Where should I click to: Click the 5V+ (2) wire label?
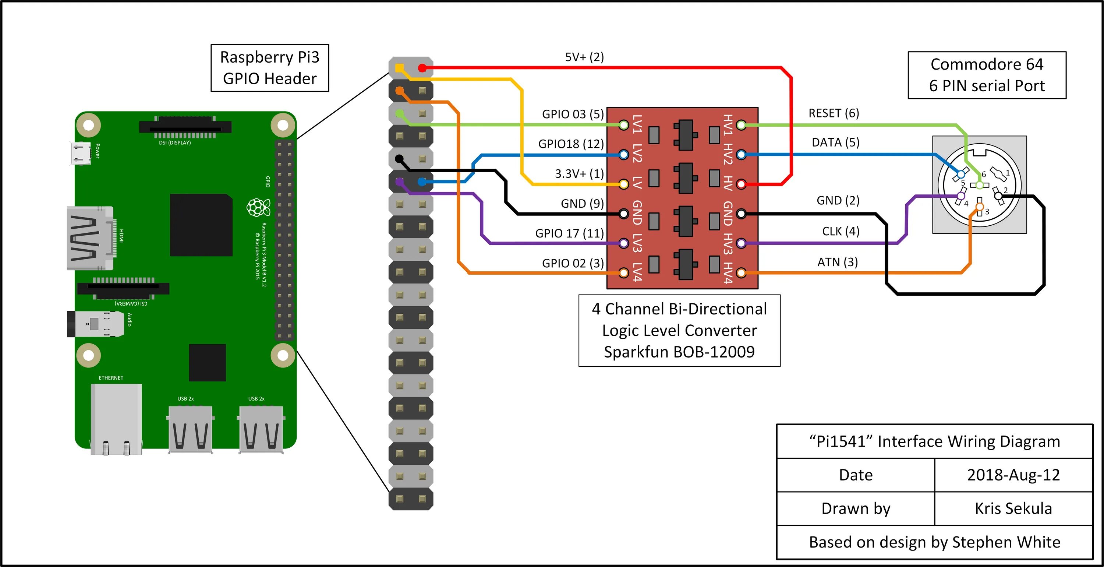pyautogui.click(x=584, y=57)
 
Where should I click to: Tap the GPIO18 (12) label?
pyautogui.click(x=570, y=144)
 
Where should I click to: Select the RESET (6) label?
pyautogui.click(x=834, y=113)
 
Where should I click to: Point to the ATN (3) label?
pyautogui.click(x=838, y=262)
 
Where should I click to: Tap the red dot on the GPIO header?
pyautogui.click(x=422, y=68)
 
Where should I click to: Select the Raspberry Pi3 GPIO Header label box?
pyautogui.click(x=270, y=68)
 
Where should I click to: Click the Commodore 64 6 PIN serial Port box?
pyautogui.click(x=987, y=75)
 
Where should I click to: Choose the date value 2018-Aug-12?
pyautogui.click(x=1013, y=475)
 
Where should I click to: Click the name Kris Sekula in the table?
pyautogui.click(x=1013, y=508)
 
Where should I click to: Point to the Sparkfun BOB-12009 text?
pyautogui.click(x=679, y=352)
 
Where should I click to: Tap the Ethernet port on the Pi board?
pyautogui.click(x=116, y=418)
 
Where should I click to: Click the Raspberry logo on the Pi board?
pyautogui.click(x=258, y=208)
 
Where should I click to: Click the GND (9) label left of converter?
pyautogui.click(x=582, y=203)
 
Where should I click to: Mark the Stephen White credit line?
pyautogui.click(x=934, y=542)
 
